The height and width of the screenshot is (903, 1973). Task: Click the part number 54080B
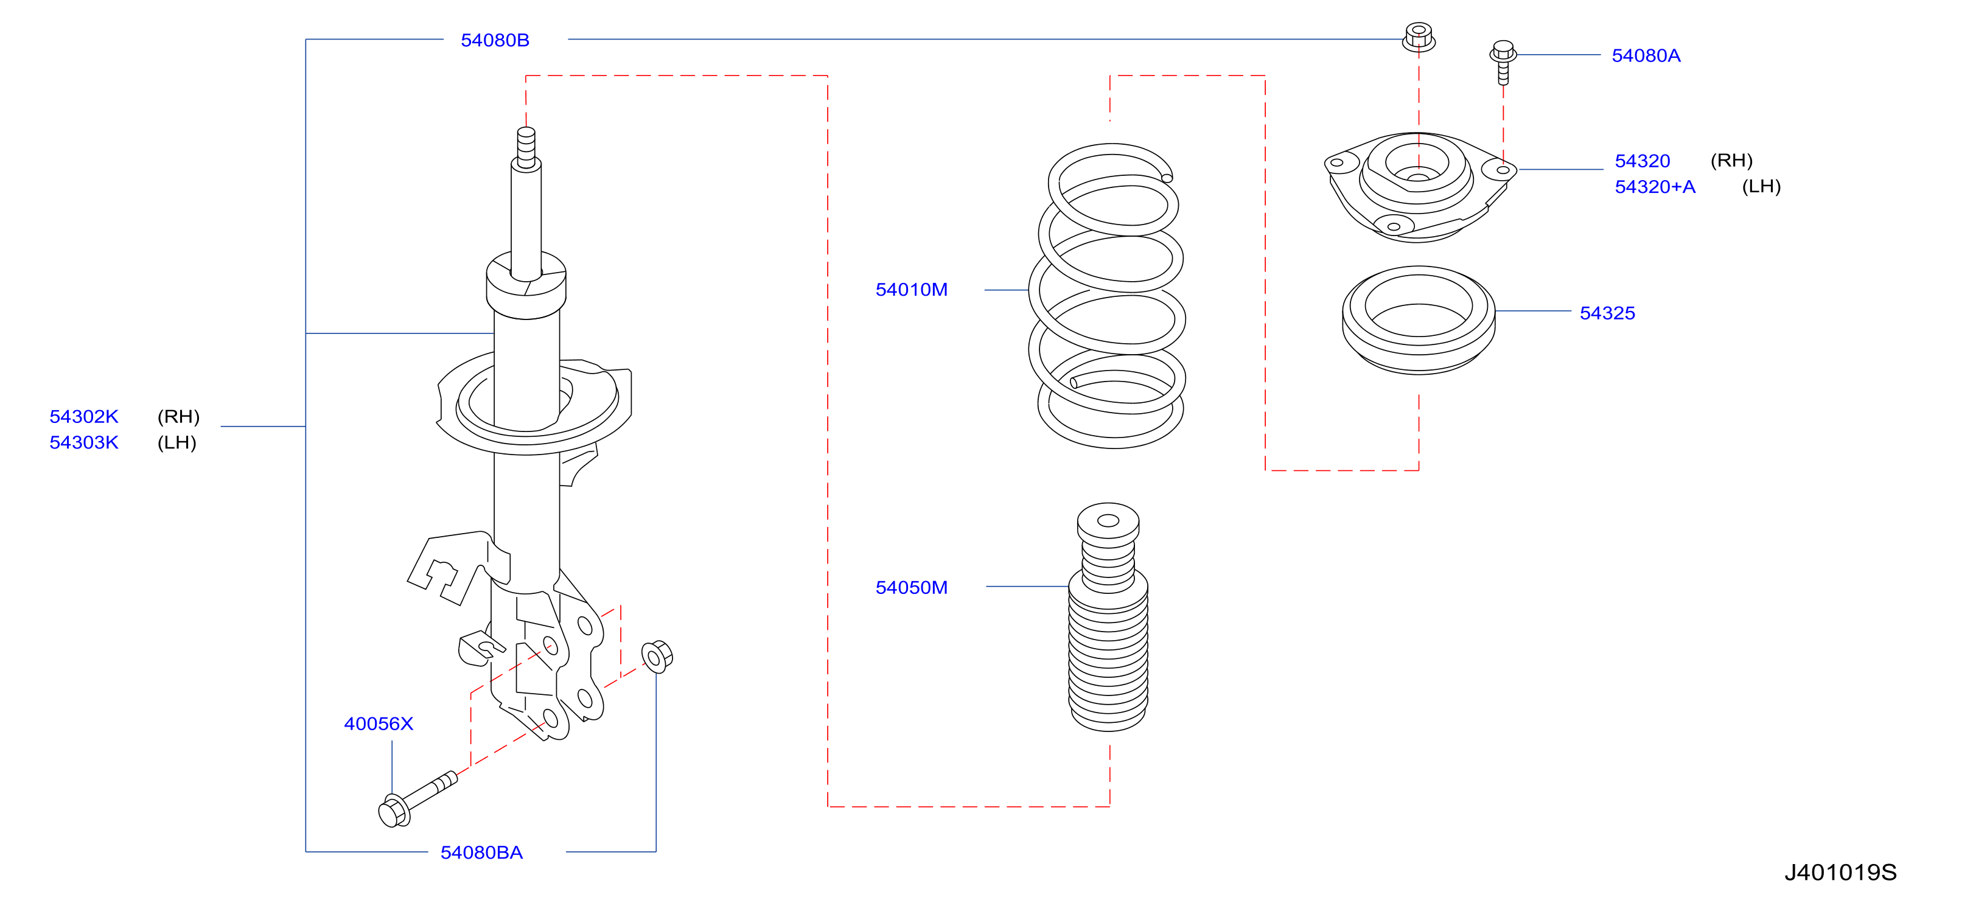[x=495, y=40]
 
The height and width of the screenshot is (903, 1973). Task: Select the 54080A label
[x=1646, y=55]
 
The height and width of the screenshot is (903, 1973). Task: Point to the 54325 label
[x=1607, y=313]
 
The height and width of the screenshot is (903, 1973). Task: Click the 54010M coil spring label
[x=912, y=290]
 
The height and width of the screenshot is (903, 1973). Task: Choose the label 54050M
[x=912, y=587]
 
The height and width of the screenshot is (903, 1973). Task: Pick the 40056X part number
[x=379, y=723]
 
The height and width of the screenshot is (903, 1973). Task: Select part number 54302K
[x=84, y=417]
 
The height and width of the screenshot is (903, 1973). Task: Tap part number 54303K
[x=84, y=443]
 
